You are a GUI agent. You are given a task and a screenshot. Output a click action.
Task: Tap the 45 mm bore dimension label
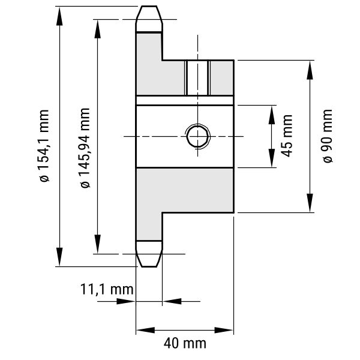pos(286,136)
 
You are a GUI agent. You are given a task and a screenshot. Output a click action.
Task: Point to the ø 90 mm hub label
pos(326,136)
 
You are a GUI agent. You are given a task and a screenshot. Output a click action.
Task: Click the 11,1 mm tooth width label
pos(106,289)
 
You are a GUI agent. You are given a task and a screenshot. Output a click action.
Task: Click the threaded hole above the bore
pos(197,77)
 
